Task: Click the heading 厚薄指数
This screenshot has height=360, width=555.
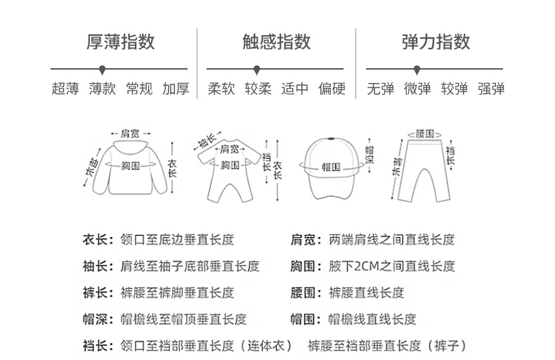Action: pyautogui.click(x=120, y=41)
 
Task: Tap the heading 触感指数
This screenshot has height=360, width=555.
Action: pyautogui.click(x=277, y=41)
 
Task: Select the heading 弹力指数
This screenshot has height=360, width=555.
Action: pyautogui.click(x=436, y=41)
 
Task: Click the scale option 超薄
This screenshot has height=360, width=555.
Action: pyautogui.click(x=65, y=89)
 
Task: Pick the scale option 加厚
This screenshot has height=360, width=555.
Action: pyautogui.click(x=176, y=89)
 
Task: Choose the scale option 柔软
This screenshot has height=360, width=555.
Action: pyautogui.click(x=221, y=89)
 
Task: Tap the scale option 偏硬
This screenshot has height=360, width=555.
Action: pyautogui.click(x=332, y=89)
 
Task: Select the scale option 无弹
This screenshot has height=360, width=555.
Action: pyautogui.click(x=381, y=89)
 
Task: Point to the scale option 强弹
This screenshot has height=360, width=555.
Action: pyautogui.click(x=491, y=89)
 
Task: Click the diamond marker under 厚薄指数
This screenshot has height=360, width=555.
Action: pyautogui.click(x=103, y=69)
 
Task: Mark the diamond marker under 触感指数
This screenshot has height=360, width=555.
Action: pyautogui.click(x=256, y=69)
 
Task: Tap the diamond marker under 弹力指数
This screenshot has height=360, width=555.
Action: pyautogui.click(x=417, y=69)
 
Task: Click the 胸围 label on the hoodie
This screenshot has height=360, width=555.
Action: pyautogui.click(x=129, y=165)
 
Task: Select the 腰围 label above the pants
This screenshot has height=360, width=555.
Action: pyautogui.click(x=424, y=134)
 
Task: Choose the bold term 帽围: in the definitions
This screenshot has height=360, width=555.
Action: pyautogui.click(x=306, y=319)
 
